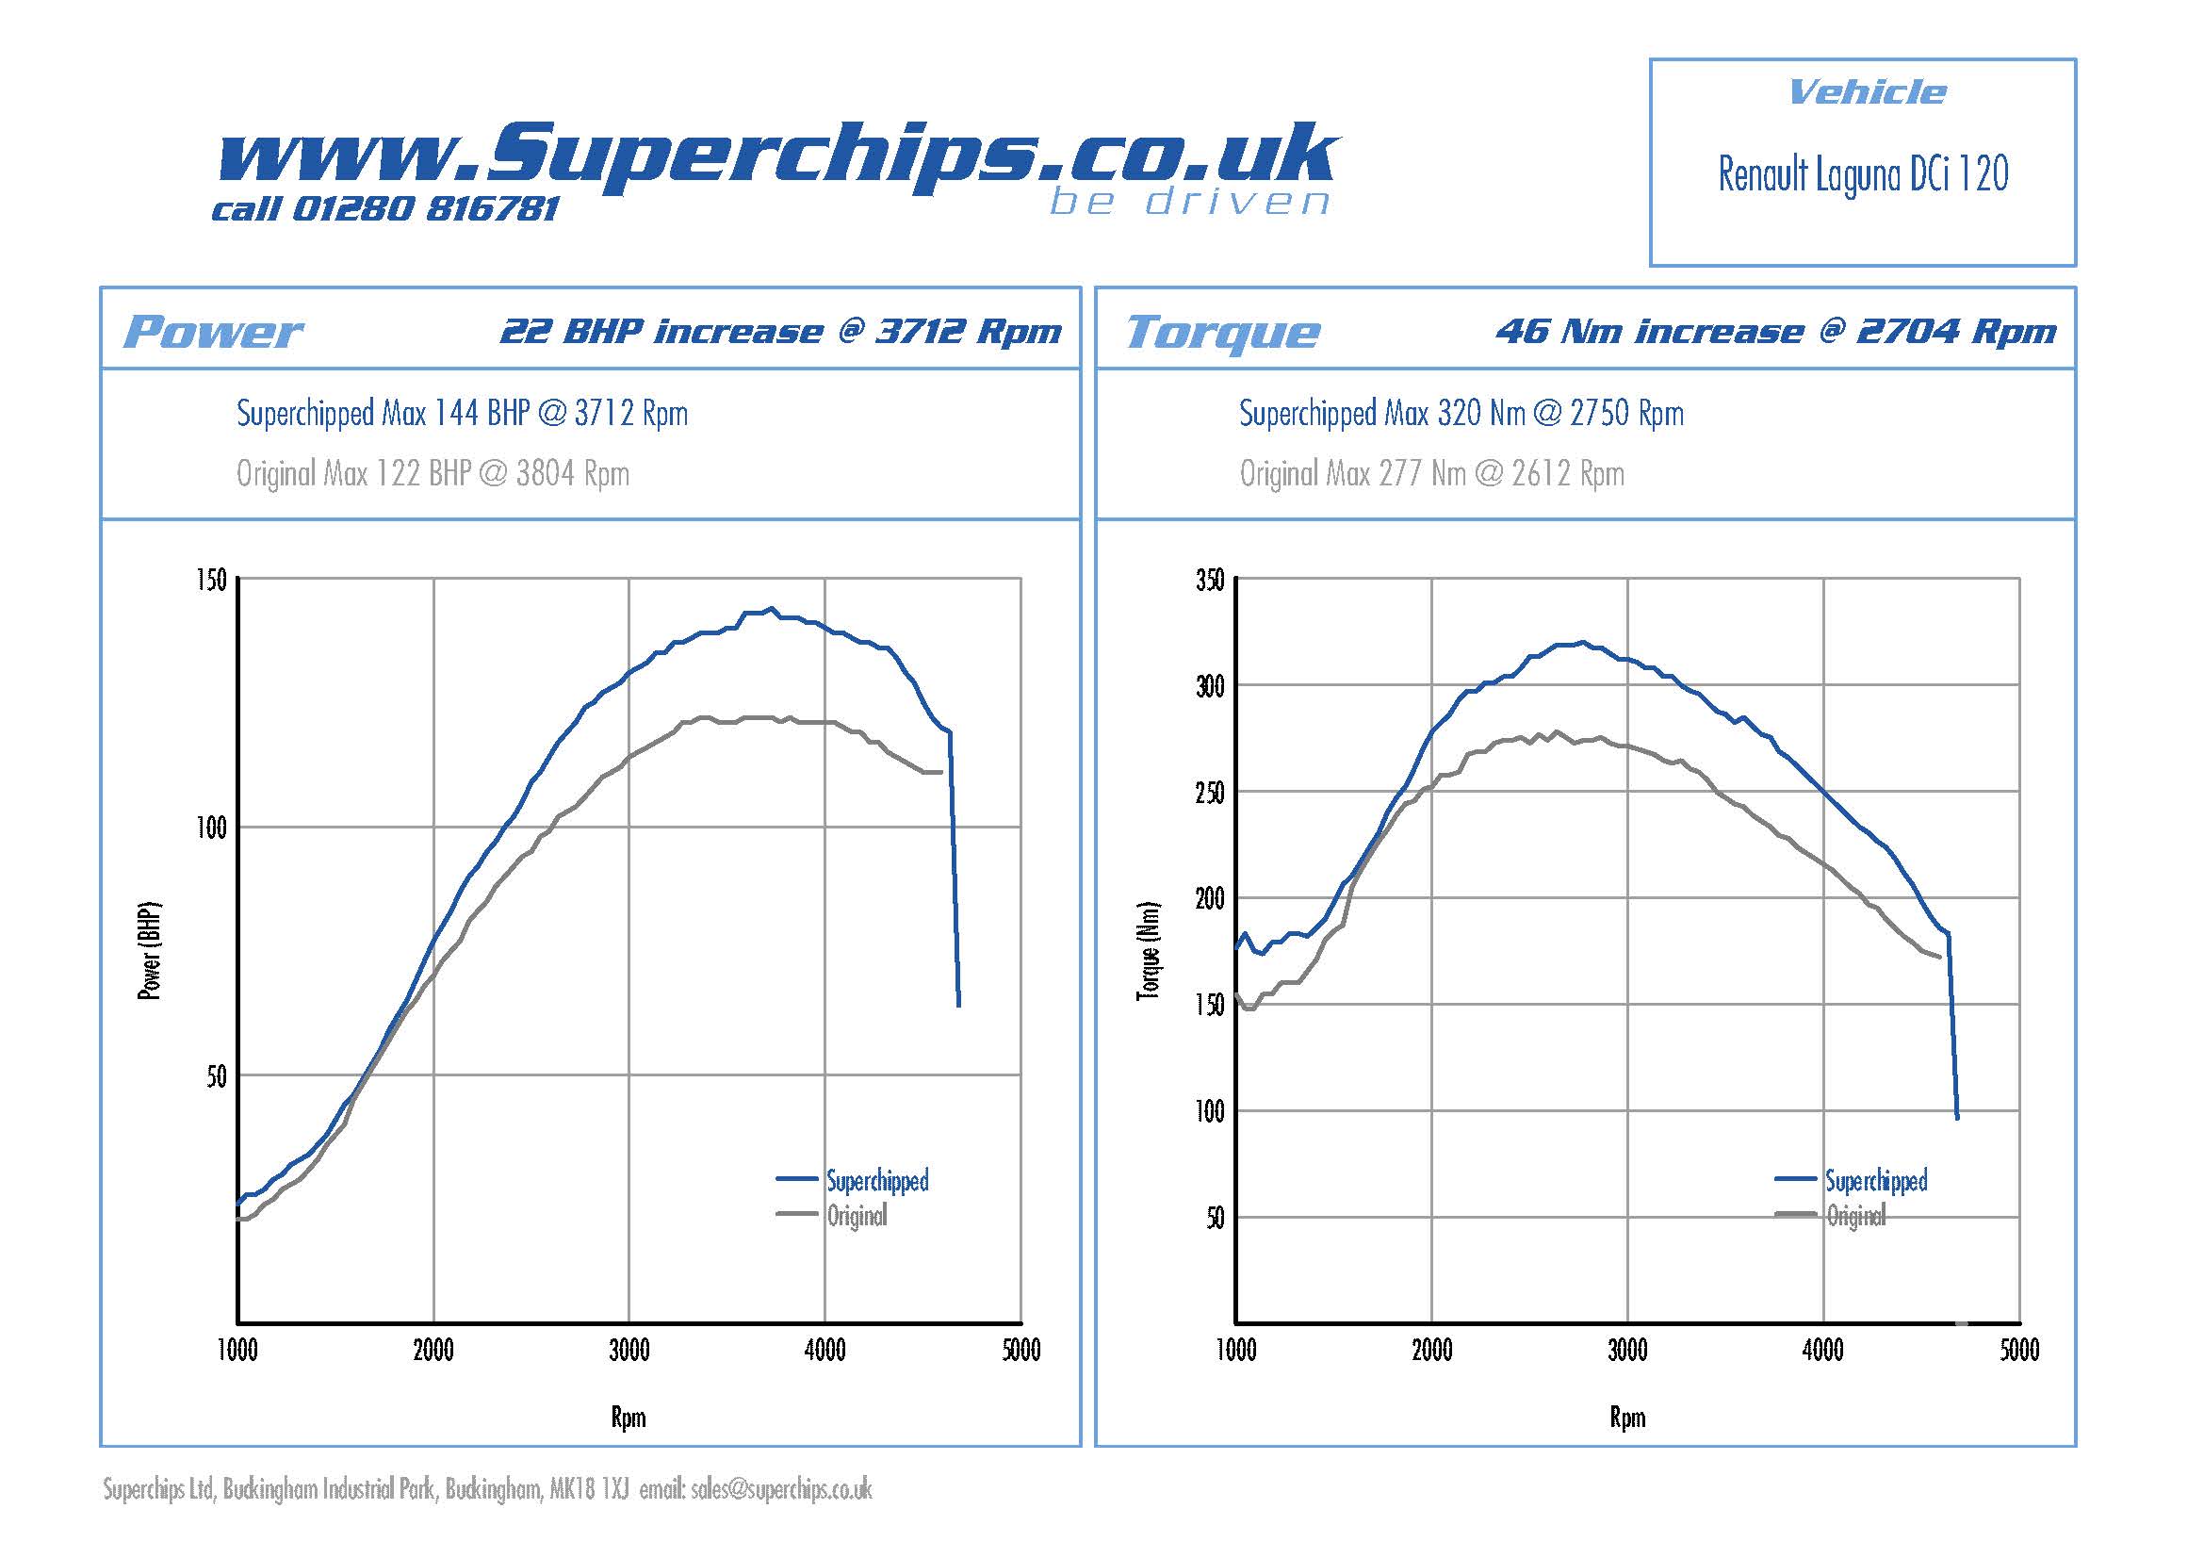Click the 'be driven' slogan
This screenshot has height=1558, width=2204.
point(1189,202)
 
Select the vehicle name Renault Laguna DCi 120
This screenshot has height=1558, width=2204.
point(1862,174)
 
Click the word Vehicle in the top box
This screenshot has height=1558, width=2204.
point(1867,92)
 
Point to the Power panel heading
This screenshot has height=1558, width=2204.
point(213,332)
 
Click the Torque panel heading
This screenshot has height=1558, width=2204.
point(1222,332)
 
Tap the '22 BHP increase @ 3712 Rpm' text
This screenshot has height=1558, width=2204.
point(780,331)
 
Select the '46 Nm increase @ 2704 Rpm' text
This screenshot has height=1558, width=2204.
point(1776,331)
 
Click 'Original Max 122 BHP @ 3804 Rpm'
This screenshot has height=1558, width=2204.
point(433,473)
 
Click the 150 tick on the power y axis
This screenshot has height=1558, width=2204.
point(211,580)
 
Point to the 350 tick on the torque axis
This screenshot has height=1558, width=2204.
point(1210,580)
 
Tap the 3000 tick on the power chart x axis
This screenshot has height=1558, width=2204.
point(629,1351)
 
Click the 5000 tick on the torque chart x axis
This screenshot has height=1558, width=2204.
point(2018,1351)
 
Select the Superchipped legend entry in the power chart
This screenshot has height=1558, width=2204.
point(877,1180)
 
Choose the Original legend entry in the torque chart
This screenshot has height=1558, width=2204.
point(1855,1216)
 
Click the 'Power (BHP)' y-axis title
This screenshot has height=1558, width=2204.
point(151,950)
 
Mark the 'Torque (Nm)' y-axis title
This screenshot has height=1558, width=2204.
point(1148,950)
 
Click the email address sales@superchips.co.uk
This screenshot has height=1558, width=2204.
point(781,1489)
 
